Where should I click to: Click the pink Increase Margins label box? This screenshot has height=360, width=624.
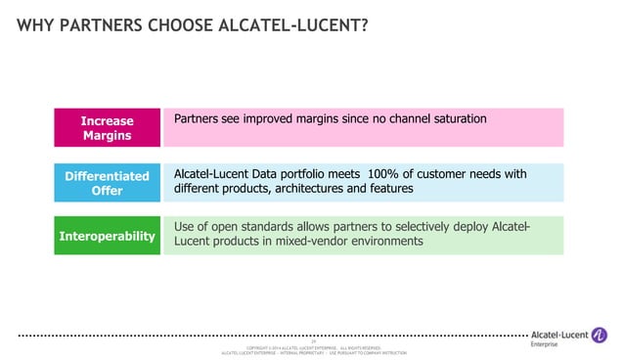[x=107, y=128]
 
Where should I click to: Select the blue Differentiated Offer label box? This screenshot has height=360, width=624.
[x=107, y=183]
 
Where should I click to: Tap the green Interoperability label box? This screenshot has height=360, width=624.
[x=107, y=236]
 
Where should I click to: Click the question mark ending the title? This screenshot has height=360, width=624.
[x=365, y=22]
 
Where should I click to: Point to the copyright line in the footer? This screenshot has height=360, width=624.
[x=313, y=347]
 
